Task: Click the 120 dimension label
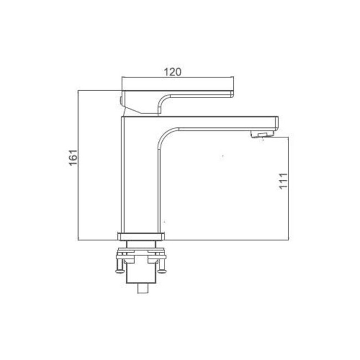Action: (172, 72)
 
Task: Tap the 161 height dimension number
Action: (74, 157)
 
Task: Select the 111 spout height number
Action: (284, 181)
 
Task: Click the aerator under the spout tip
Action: (262, 134)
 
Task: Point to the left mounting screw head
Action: (119, 271)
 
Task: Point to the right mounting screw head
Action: (162, 271)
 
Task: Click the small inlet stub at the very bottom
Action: (142, 289)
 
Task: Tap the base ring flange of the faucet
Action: (141, 236)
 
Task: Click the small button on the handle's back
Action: (121, 101)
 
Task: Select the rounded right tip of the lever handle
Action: (232, 94)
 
